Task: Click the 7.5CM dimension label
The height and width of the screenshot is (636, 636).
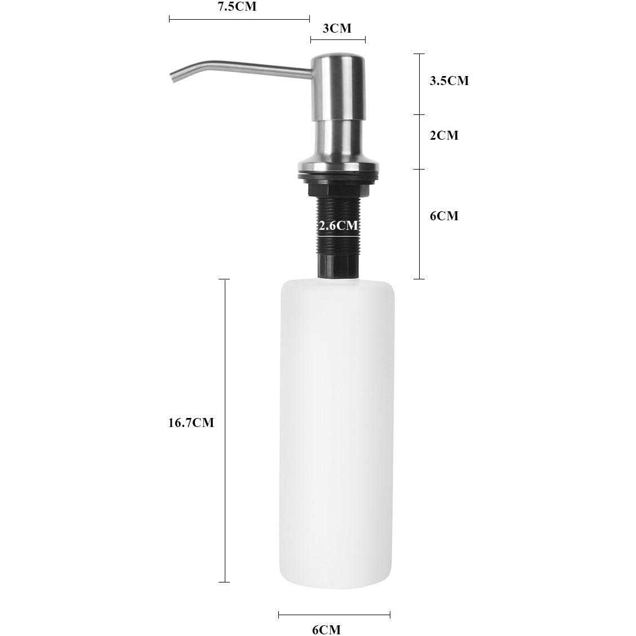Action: (237, 7)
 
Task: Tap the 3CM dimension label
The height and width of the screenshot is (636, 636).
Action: (337, 28)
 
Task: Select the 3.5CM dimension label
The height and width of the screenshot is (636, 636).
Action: (449, 81)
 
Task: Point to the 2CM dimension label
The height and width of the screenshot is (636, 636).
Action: (444, 135)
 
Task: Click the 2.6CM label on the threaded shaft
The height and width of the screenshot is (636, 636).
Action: (339, 225)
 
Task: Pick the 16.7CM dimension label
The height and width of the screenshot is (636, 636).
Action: (191, 422)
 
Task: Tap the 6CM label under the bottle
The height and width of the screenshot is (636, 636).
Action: (327, 629)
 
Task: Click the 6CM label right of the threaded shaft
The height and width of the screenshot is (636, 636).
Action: (444, 216)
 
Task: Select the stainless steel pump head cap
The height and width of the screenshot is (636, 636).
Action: (338, 87)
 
